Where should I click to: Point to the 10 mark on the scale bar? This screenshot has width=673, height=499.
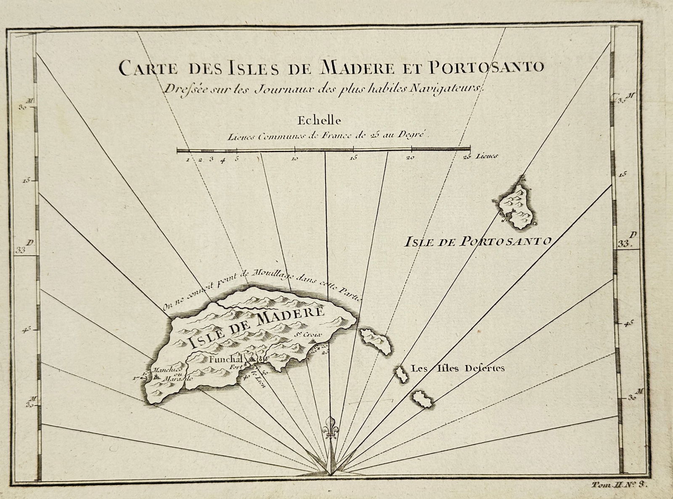(x=295, y=159)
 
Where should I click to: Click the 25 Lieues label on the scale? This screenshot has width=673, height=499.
(x=480, y=157)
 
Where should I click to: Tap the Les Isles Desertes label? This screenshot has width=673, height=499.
(x=458, y=369)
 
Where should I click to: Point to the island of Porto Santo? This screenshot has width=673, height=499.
(x=515, y=206)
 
